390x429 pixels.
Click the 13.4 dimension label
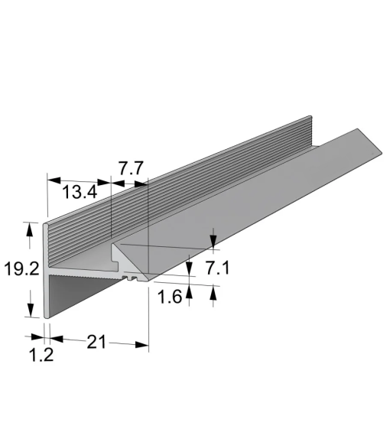(80, 192)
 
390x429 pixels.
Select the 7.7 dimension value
(131, 168)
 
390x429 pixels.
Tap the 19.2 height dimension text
(21, 268)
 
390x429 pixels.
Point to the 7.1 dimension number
(217, 268)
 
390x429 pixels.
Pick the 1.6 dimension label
(170, 297)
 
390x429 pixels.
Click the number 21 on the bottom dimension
(96, 342)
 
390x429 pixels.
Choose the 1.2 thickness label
(41, 355)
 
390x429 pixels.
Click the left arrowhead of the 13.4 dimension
(54, 180)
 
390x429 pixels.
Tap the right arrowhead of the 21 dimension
(141, 345)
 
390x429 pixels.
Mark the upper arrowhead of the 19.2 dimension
(30, 229)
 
